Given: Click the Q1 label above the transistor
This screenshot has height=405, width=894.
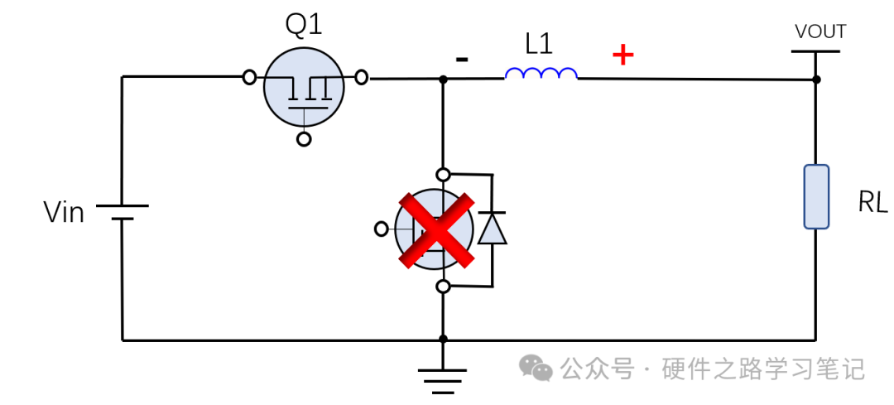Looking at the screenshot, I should (304, 25).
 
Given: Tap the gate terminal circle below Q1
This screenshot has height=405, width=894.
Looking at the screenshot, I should (304, 139).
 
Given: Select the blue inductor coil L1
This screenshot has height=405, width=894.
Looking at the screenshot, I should (541, 75).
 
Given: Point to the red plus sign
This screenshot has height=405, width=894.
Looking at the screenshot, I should (622, 55).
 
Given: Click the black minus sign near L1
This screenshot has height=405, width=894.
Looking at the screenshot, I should (463, 59).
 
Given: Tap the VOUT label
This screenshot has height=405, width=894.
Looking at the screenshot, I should (819, 31).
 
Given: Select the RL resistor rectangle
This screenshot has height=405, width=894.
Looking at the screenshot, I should (816, 196).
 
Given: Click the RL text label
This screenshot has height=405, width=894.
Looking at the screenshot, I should (872, 203).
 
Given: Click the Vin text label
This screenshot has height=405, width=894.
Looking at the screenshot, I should (64, 213).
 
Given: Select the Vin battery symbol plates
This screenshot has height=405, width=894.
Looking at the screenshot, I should (122, 212).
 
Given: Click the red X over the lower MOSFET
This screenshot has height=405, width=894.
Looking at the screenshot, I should (436, 230).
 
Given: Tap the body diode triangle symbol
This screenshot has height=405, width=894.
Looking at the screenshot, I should (493, 229).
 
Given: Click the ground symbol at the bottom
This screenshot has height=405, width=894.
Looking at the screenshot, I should (443, 376).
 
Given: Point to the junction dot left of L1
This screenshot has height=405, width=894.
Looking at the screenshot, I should (443, 79).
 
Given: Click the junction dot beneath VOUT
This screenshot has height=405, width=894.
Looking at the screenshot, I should (816, 80).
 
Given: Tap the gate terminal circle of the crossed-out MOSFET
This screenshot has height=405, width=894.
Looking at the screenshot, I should (382, 229).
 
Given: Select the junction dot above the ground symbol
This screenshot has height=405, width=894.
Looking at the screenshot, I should (443, 339).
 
